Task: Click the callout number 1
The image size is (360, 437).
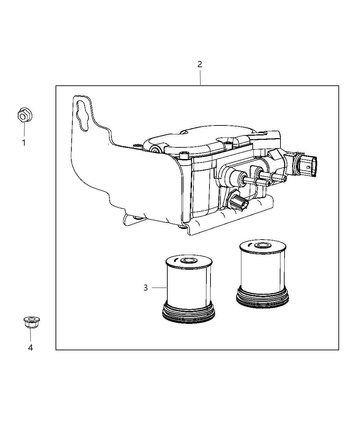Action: tap(24, 143)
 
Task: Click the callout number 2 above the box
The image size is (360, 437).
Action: tap(200, 64)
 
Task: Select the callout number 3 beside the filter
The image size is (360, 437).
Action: tap(146, 288)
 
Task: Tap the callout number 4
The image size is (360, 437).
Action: tap(31, 348)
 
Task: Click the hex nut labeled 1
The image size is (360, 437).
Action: tap(23, 116)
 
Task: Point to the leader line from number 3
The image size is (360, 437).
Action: tap(159, 288)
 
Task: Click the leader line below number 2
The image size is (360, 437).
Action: tap(200, 77)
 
